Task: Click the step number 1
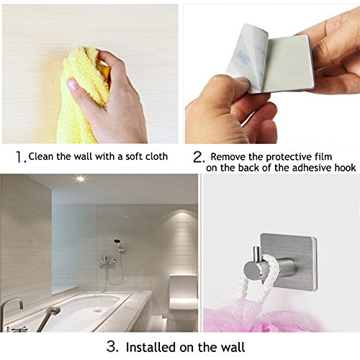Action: [x=20, y=157]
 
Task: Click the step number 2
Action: [x=199, y=158]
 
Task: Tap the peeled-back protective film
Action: [x=247, y=55]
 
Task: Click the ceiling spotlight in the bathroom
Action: [x=81, y=179]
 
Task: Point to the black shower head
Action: [x=117, y=240]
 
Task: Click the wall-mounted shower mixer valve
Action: [x=106, y=261]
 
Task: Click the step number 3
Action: [x=112, y=346]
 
